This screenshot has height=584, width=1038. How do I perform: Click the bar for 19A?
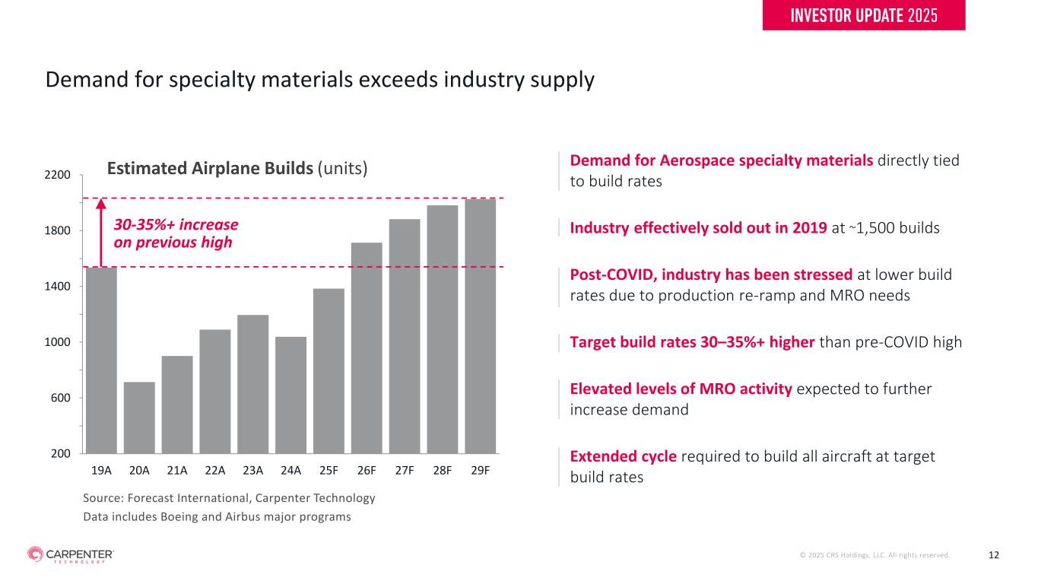[101, 360]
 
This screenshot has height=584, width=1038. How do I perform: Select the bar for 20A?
[139, 417]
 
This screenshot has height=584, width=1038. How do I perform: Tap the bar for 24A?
[290, 395]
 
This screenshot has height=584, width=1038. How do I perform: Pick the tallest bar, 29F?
[480, 326]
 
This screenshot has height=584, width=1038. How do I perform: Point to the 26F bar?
[367, 348]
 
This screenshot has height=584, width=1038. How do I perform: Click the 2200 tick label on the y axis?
[60, 175]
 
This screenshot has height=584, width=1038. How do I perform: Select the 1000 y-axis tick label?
[60, 342]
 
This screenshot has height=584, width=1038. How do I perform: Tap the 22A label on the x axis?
[215, 470]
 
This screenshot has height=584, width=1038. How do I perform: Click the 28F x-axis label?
[442, 470]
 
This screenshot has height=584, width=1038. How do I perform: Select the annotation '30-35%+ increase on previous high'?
[176, 233]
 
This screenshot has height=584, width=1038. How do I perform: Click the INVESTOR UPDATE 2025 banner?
[863, 15]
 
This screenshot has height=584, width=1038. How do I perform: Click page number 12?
[993, 555]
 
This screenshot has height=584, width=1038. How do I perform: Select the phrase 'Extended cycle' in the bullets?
[623, 456]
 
